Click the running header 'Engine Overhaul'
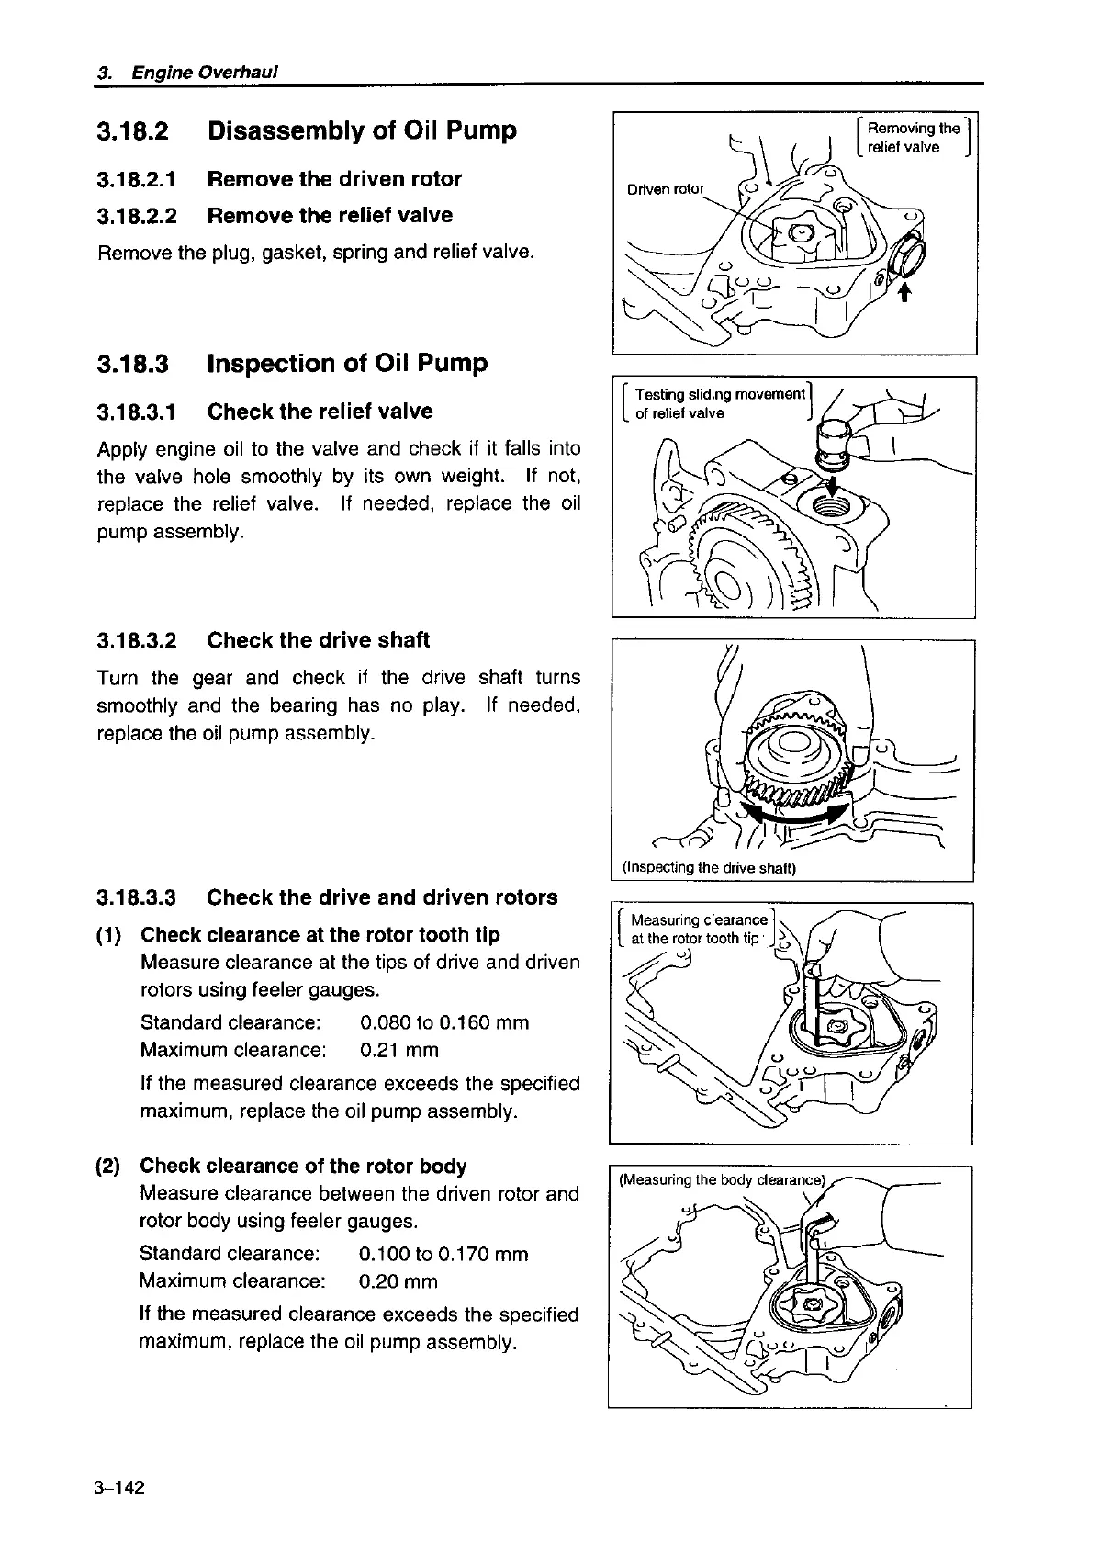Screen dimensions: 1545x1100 tap(205, 72)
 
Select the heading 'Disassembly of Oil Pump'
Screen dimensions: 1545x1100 tap(362, 130)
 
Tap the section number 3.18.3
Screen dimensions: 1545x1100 tap(133, 364)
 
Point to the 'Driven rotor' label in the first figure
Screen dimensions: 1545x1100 tap(665, 189)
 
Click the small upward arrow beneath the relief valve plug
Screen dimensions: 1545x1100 tap(904, 291)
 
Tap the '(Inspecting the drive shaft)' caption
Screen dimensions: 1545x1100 tap(708, 867)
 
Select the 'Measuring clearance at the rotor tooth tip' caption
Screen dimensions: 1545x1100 tap(698, 929)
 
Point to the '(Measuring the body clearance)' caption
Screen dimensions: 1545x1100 tap(723, 1180)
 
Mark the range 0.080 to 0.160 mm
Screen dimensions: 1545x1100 tap(444, 1022)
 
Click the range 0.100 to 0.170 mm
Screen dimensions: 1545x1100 tap(443, 1254)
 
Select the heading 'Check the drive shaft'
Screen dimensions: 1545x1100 tap(318, 640)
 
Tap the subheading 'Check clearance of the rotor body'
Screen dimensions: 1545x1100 tap(303, 1166)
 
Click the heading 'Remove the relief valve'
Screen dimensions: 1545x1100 tap(330, 216)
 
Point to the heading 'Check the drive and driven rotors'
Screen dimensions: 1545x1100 tap(382, 897)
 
